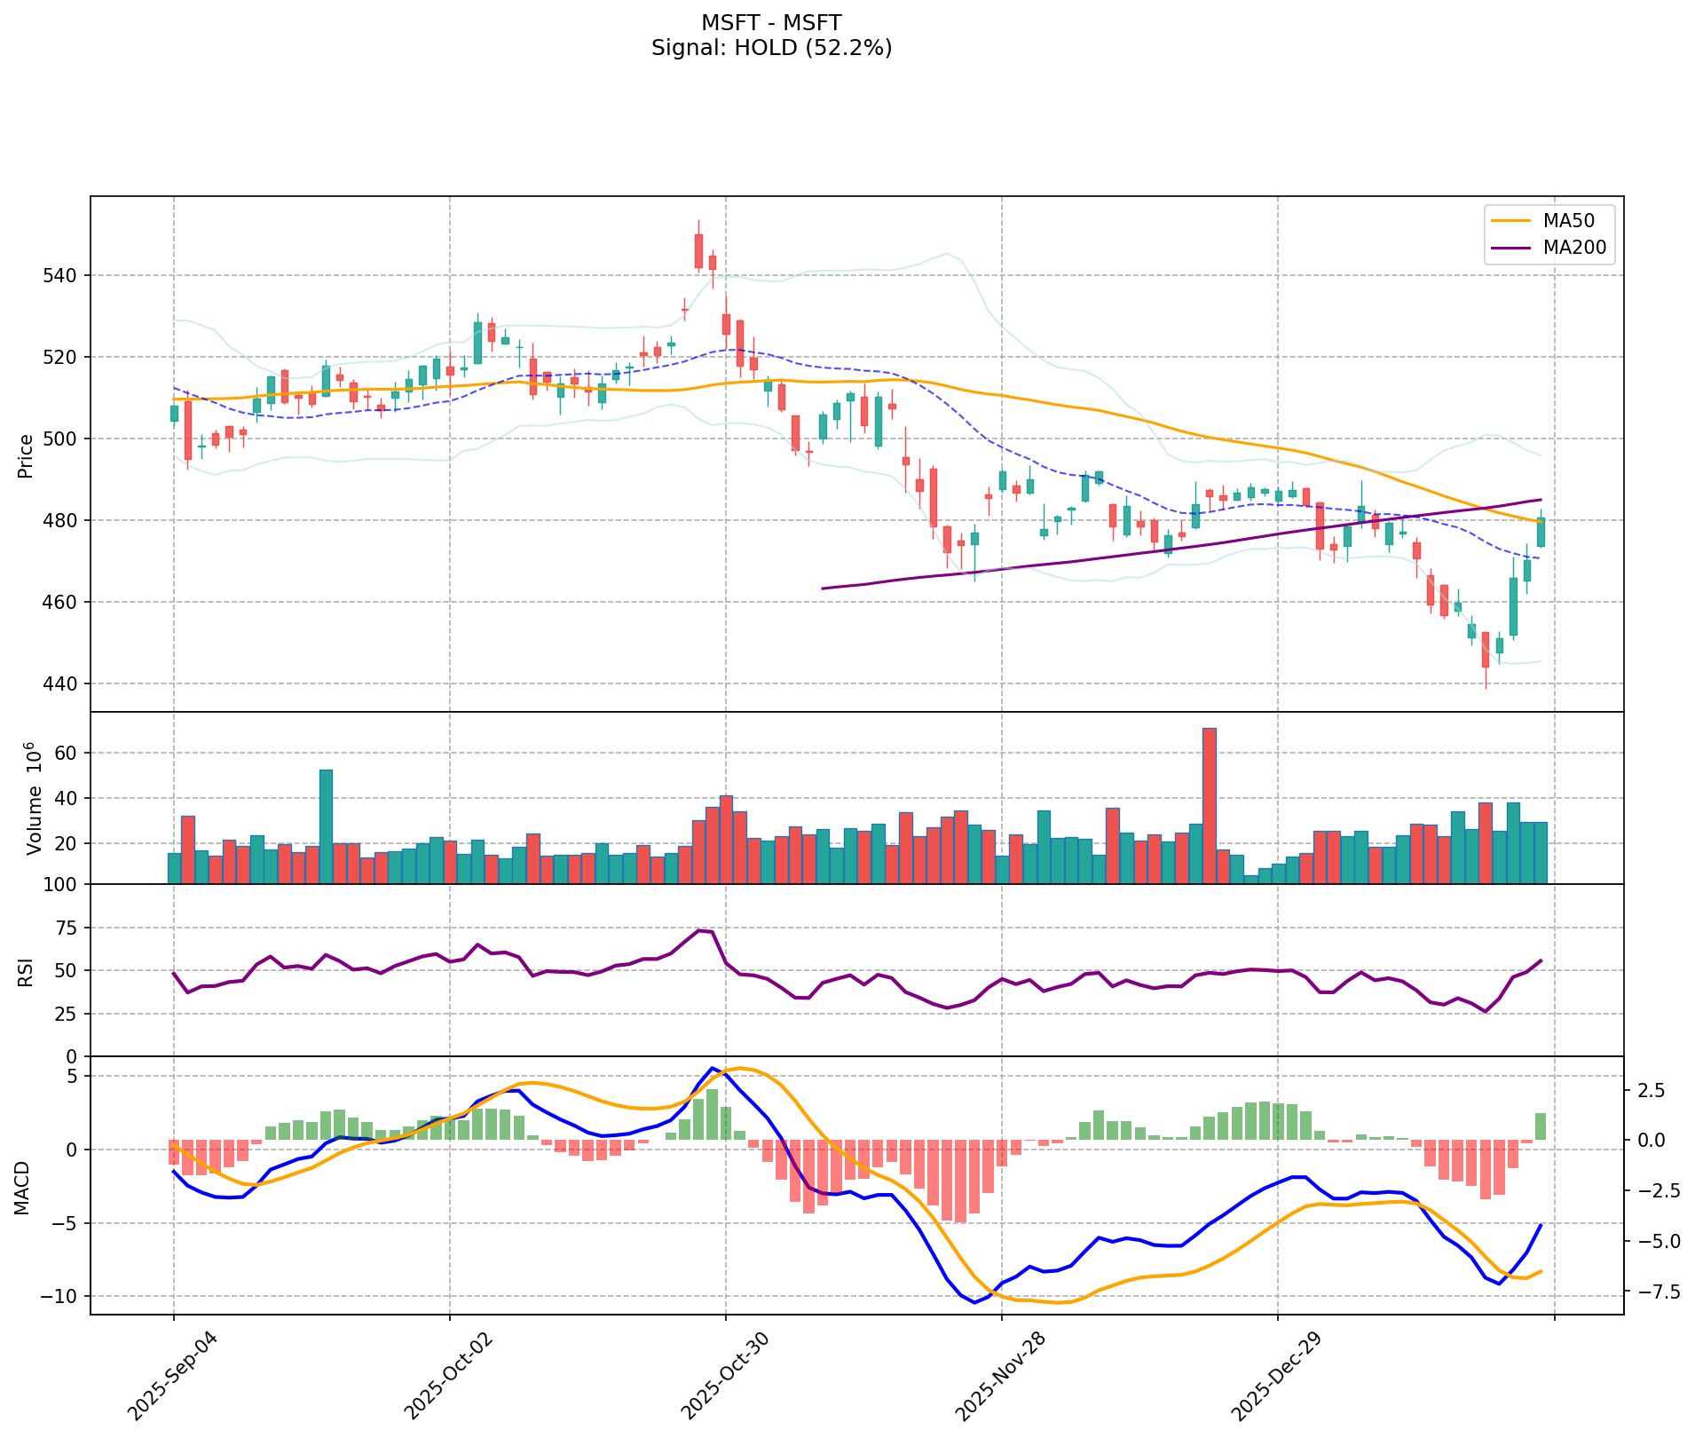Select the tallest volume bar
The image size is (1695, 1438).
pos(1209,805)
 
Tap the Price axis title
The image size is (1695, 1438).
pos(26,455)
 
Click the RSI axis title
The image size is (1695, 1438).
pos(26,971)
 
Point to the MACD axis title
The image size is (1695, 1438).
pos(21,1188)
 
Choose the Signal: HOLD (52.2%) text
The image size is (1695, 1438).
pos(771,48)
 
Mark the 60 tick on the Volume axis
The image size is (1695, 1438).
pos(69,754)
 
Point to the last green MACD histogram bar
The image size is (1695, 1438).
pos(1541,1126)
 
